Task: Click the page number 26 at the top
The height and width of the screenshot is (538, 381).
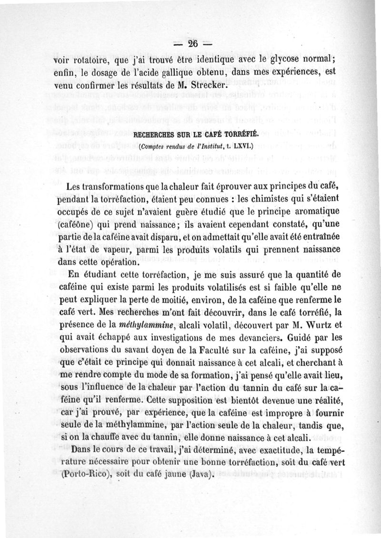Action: tap(192, 43)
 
